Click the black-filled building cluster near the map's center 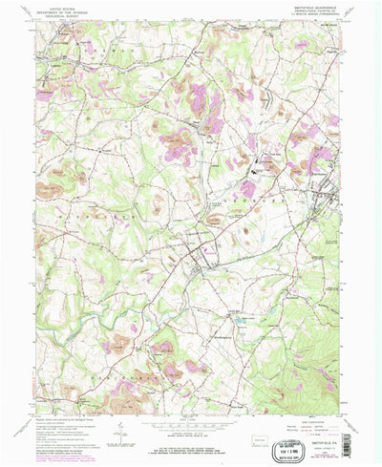256,171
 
